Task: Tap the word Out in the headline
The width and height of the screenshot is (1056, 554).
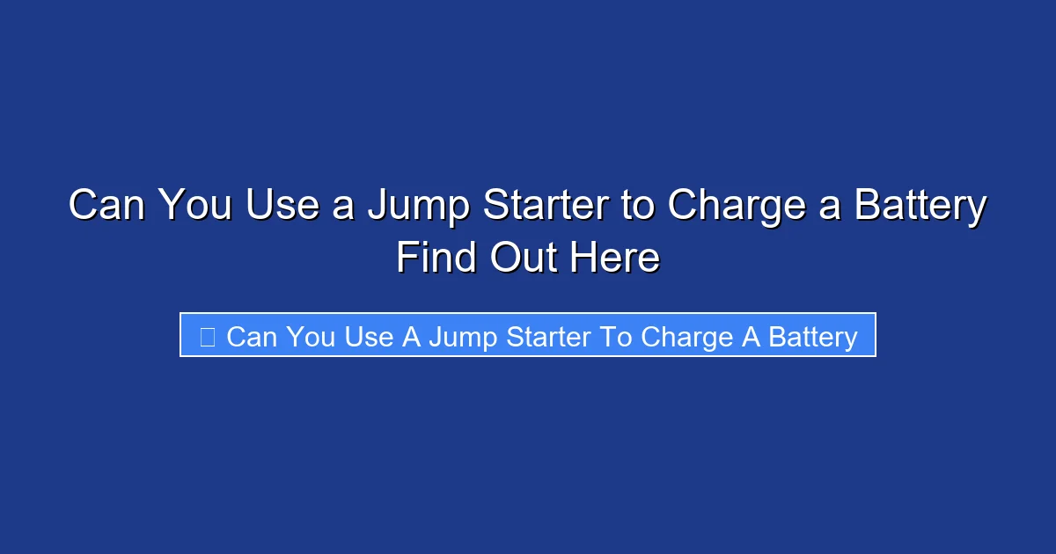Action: click(x=523, y=259)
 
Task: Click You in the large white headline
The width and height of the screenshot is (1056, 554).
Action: click(x=194, y=207)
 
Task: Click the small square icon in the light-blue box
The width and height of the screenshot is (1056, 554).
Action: click(x=208, y=336)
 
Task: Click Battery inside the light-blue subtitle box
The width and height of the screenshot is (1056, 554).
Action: click(x=812, y=337)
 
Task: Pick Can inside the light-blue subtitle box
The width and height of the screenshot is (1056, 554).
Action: click(x=252, y=337)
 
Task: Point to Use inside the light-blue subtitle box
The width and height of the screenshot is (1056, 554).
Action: click(x=370, y=337)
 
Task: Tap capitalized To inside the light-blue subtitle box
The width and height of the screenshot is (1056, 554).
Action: click(x=617, y=337)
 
